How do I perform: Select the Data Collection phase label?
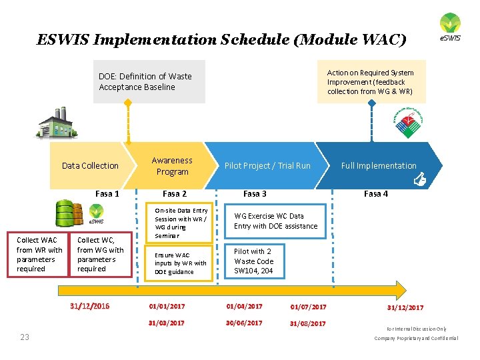pyautogui.click(x=90, y=166)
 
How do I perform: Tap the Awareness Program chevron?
pyautogui.click(x=172, y=166)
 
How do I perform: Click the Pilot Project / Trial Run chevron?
pyautogui.click(x=267, y=166)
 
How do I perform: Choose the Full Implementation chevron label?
pyautogui.click(x=378, y=166)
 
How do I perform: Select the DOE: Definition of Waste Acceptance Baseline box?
pyautogui.click(x=149, y=82)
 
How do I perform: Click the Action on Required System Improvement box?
pyautogui.click(x=371, y=82)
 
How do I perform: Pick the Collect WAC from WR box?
pyautogui.click(x=39, y=254)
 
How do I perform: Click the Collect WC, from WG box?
pyautogui.click(x=101, y=254)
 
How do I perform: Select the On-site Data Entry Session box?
pyautogui.click(x=181, y=223)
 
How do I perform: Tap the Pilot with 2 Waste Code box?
pyautogui.click(x=255, y=261)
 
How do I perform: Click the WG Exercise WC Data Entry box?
pyautogui.click(x=276, y=221)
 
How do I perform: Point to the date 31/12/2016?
pyautogui.click(x=90, y=307)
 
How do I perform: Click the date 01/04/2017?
pyautogui.click(x=244, y=307)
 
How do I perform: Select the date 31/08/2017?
pyautogui.click(x=308, y=323)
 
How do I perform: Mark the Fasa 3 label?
pyautogui.click(x=255, y=193)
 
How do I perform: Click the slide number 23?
pyautogui.click(x=25, y=337)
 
